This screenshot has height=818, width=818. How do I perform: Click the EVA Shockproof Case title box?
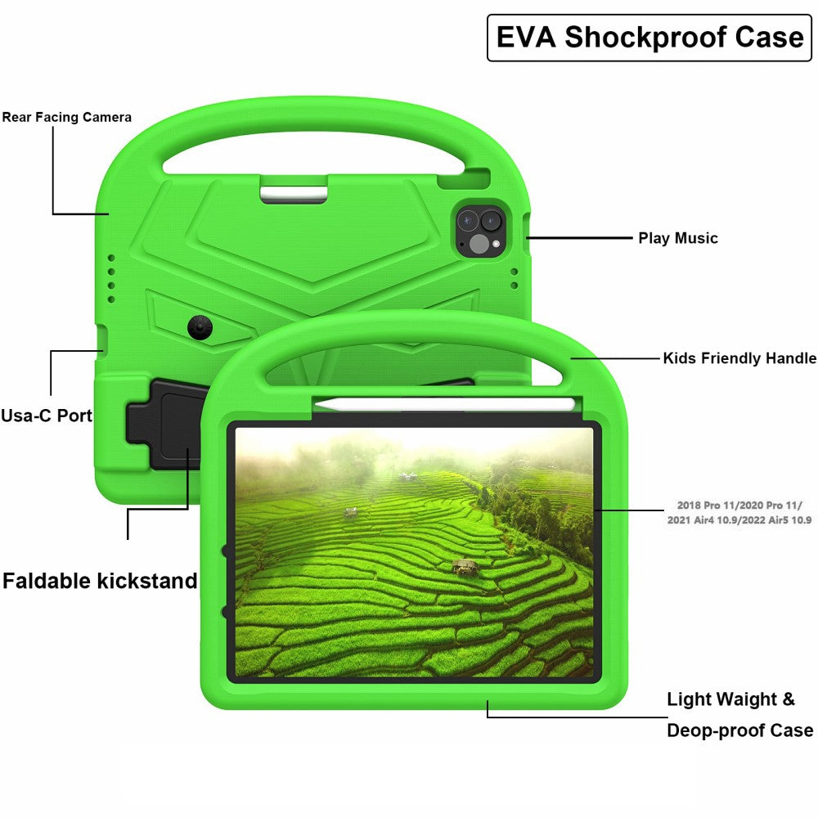[649, 38]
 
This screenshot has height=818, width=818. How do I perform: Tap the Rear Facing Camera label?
[66, 117]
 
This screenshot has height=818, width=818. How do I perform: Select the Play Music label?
[678, 238]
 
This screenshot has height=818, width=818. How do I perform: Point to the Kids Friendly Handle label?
[739, 358]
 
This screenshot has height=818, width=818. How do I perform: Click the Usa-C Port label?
[47, 415]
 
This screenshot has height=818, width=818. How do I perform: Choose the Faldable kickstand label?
[100, 581]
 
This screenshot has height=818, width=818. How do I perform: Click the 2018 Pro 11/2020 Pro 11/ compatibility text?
[740, 506]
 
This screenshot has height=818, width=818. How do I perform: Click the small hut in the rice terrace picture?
[466, 566]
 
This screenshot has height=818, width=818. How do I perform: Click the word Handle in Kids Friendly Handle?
[791, 358]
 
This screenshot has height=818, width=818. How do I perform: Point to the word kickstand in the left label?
[147, 581]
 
